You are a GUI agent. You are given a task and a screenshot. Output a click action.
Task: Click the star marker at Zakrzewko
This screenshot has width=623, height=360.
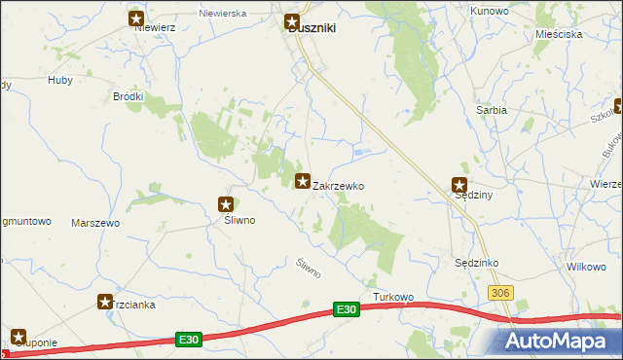pyautogui.click(x=303, y=180)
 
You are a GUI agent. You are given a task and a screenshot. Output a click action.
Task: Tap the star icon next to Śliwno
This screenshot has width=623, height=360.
pyautogui.click(x=226, y=204)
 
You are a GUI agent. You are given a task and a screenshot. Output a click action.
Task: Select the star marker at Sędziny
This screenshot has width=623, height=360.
pyautogui.click(x=459, y=185)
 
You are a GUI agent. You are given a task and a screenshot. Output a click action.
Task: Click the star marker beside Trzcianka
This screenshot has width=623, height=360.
pyautogui.click(x=105, y=303)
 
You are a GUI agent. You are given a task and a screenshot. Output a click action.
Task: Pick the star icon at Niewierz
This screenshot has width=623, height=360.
pyautogui.click(x=136, y=18)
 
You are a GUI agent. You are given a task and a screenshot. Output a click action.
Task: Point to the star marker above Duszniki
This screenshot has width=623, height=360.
pyautogui.click(x=291, y=19)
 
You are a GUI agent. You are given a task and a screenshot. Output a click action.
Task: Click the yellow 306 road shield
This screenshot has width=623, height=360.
pyautogui.click(x=500, y=293)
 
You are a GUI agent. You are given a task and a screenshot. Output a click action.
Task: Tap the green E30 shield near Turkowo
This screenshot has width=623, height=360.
pyautogui.click(x=345, y=308)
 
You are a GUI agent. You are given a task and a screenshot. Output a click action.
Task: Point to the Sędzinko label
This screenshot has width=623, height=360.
pyautogui.click(x=477, y=263)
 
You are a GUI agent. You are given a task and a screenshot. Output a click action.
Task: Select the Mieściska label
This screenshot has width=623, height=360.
pyautogui.click(x=559, y=34)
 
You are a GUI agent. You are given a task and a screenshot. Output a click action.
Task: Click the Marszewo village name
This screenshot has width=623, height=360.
pyautogui.click(x=95, y=223)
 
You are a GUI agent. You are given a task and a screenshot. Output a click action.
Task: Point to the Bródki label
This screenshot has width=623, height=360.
pyautogui.click(x=128, y=96)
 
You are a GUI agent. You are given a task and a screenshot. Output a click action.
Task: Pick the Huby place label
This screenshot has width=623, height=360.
pyautogui.click(x=59, y=81)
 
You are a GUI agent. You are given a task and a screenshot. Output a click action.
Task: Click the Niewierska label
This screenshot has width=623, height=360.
pyautogui.click(x=222, y=15)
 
